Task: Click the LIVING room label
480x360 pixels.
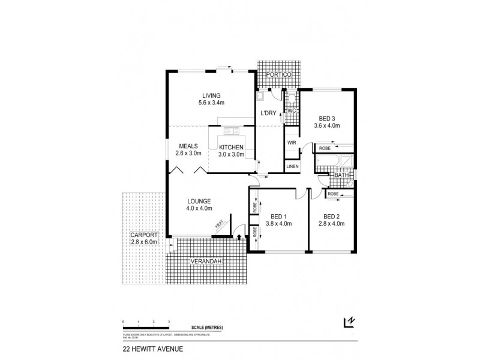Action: tap(211, 95)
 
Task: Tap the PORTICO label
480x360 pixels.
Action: tap(280, 74)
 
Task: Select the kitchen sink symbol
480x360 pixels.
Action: tap(231, 131)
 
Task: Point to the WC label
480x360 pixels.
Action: tap(291, 111)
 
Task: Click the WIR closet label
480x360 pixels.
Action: tap(291, 143)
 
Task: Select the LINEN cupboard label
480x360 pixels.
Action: tap(292, 166)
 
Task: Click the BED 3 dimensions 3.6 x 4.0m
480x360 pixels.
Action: tap(327, 126)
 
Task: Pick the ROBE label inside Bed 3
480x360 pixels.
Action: tap(325, 148)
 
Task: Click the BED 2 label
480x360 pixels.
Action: tap(332, 217)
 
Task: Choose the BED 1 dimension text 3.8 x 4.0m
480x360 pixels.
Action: tap(278, 224)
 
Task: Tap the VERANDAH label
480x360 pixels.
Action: tap(204, 262)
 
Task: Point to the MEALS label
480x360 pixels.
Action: tap(188, 146)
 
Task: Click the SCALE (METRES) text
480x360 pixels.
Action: tap(208, 328)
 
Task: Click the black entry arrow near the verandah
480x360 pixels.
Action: tap(239, 238)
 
